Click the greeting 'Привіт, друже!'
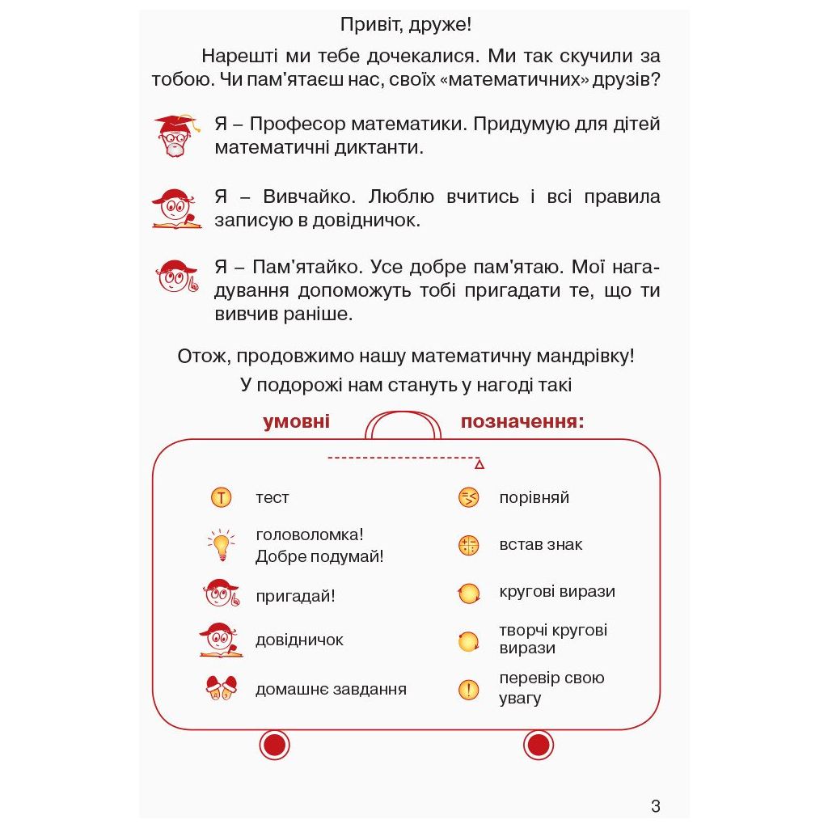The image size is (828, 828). tap(406, 25)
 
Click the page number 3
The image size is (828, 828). tap(655, 805)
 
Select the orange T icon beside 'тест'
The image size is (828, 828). tap(221, 497)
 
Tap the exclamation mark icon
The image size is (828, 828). tap(468, 689)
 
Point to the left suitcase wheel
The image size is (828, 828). tap(274, 744)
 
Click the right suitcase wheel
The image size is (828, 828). tap(538, 744)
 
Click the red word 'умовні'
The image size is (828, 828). tap(296, 422)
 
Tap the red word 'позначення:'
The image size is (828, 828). tap(522, 422)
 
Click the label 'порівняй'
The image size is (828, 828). tap(534, 497)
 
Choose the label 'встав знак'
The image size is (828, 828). tap(540, 544)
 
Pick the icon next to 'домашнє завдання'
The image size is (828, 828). tap(221, 688)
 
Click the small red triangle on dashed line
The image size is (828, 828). tap(479, 464)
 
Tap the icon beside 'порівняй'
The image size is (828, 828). tap(468, 497)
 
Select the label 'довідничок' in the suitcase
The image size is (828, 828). tap(299, 640)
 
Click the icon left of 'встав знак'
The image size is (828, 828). tap(468, 545)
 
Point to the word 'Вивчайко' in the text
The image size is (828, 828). tap(308, 196)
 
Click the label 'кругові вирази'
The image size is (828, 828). tap(557, 591)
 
